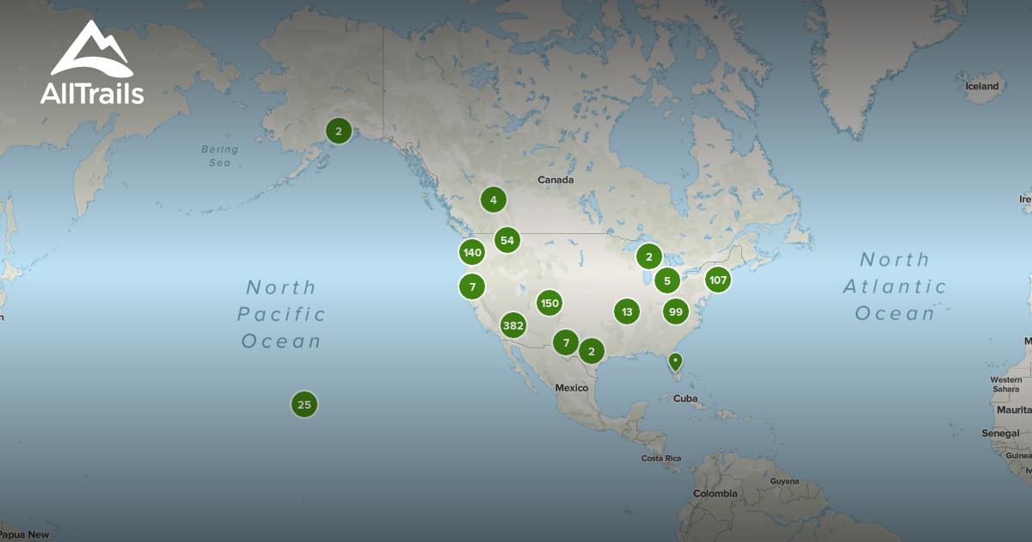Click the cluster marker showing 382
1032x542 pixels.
(513, 325)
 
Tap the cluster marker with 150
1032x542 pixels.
(550, 303)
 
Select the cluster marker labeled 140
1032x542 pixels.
(472, 252)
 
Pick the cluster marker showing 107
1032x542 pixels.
(718, 280)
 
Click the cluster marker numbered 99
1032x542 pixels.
(676, 311)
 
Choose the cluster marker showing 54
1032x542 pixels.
(507, 240)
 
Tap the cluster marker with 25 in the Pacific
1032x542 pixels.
(304, 403)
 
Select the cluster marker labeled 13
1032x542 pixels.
(627, 311)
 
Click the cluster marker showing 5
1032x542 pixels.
(667, 280)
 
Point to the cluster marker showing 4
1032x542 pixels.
(493, 200)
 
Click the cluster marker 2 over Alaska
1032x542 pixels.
(339, 131)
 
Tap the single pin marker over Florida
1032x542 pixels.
(676, 362)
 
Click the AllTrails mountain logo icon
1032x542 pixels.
(91, 51)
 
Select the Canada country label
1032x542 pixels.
(555, 181)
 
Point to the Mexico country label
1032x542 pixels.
(571, 388)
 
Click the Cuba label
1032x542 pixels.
(685, 398)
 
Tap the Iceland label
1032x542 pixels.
(982, 86)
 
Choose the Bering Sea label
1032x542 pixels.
(219, 155)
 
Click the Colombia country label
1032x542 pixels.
(716, 494)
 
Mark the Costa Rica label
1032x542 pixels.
(661, 459)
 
